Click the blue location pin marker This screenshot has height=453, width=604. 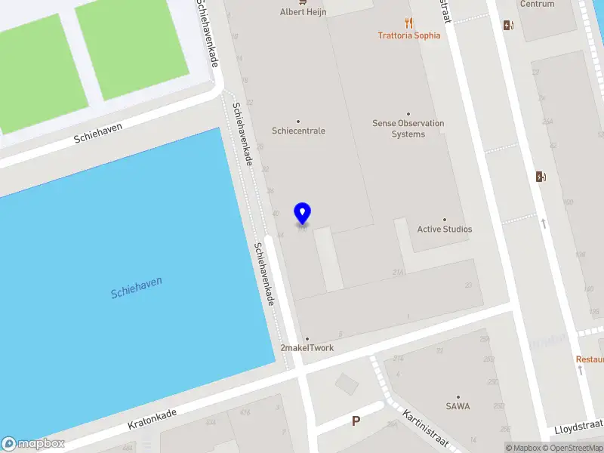pos(302,213)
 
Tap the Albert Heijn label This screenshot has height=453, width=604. pos(303,12)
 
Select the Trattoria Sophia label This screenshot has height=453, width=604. pos(408,35)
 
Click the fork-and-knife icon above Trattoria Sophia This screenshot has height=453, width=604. pos(408,22)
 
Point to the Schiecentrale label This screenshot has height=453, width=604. pos(298,131)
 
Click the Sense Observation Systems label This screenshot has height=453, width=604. pos(408,128)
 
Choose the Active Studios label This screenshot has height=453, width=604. pos(444,229)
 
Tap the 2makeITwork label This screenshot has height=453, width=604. pos(307,348)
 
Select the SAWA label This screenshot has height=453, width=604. pos(458,406)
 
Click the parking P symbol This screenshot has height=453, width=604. pos(355,421)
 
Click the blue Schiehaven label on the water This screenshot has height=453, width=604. pos(136,288)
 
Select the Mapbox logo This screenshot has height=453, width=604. pos(33,444)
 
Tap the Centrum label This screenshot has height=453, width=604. pos(537,5)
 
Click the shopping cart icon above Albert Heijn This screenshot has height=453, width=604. pos(303,2)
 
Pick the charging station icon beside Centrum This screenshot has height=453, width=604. pos(508,25)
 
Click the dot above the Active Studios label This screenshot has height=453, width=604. pos(444,220)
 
